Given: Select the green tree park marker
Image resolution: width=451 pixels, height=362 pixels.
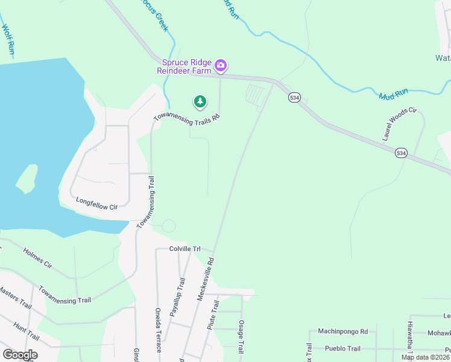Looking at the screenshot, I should tap(200, 101).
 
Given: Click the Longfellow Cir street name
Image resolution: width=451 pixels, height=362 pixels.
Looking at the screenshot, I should tap(96, 203).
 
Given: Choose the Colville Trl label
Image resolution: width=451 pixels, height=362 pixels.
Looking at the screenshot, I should tap(184, 249).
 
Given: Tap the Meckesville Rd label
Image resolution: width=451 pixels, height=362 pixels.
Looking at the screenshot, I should tap(206, 279).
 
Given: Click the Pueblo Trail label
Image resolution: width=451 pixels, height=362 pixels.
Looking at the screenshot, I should tap(342, 349).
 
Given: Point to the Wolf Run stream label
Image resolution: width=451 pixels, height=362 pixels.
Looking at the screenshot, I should tap(8, 39).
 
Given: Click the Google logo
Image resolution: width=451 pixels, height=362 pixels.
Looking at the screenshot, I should tap(20, 355).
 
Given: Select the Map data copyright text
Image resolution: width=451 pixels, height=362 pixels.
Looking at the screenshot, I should tap(425, 357).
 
